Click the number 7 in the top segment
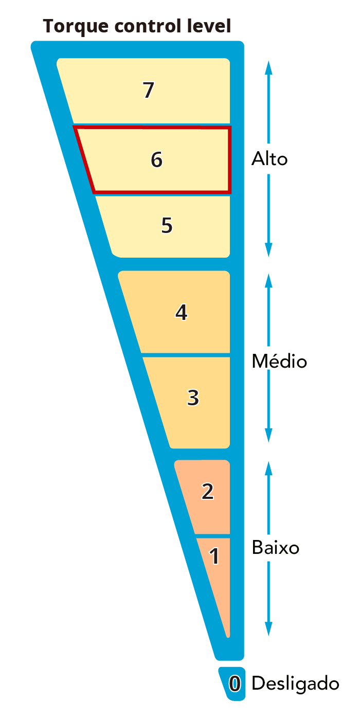(149, 89)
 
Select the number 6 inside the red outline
(157, 159)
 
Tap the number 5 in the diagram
(167, 225)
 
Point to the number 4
(182, 312)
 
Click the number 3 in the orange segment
(193, 398)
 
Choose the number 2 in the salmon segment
(208, 492)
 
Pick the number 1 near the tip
(214, 556)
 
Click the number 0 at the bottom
(235, 683)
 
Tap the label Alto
(269, 159)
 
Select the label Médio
(279, 361)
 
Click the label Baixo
(276, 547)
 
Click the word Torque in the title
(76, 27)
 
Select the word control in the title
(148, 26)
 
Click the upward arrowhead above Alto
(268, 68)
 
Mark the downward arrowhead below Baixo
(268, 628)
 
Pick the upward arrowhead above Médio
(268, 281)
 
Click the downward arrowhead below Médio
(268, 435)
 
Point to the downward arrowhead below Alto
(268, 249)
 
